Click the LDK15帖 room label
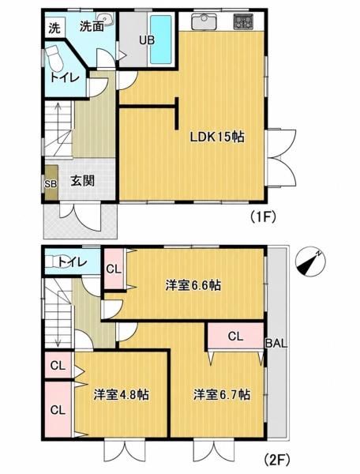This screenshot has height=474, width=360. (217, 137)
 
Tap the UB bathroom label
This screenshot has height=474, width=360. (147, 40)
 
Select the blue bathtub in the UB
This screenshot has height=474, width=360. (161, 39)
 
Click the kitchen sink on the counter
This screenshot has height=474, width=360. (204, 22)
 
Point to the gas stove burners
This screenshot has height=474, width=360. (243, 22)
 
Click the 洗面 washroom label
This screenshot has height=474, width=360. (92, 27)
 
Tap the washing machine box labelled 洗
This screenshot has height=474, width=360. (55, 28)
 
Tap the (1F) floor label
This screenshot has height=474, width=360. (263, 216)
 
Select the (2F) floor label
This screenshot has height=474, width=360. (276, 460)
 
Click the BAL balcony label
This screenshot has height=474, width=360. (276, 343)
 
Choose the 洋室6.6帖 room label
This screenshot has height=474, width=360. (193, 285)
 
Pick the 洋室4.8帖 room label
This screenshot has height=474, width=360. (121, 394)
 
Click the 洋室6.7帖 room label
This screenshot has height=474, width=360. (221, 394)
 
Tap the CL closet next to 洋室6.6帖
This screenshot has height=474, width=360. (114, 269)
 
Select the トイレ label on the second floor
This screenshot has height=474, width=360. (73, 261)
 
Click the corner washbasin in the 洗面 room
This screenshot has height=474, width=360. (105, 19)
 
